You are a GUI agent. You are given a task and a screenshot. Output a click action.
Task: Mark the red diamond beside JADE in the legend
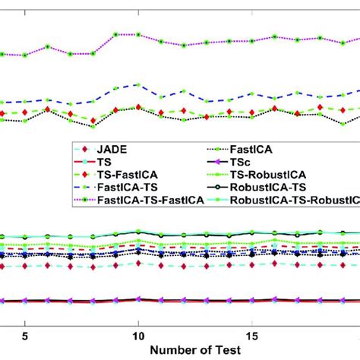86,147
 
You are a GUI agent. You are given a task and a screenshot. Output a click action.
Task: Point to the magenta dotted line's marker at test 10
138,35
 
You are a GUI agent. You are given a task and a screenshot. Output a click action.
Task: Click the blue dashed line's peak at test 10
138,84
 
